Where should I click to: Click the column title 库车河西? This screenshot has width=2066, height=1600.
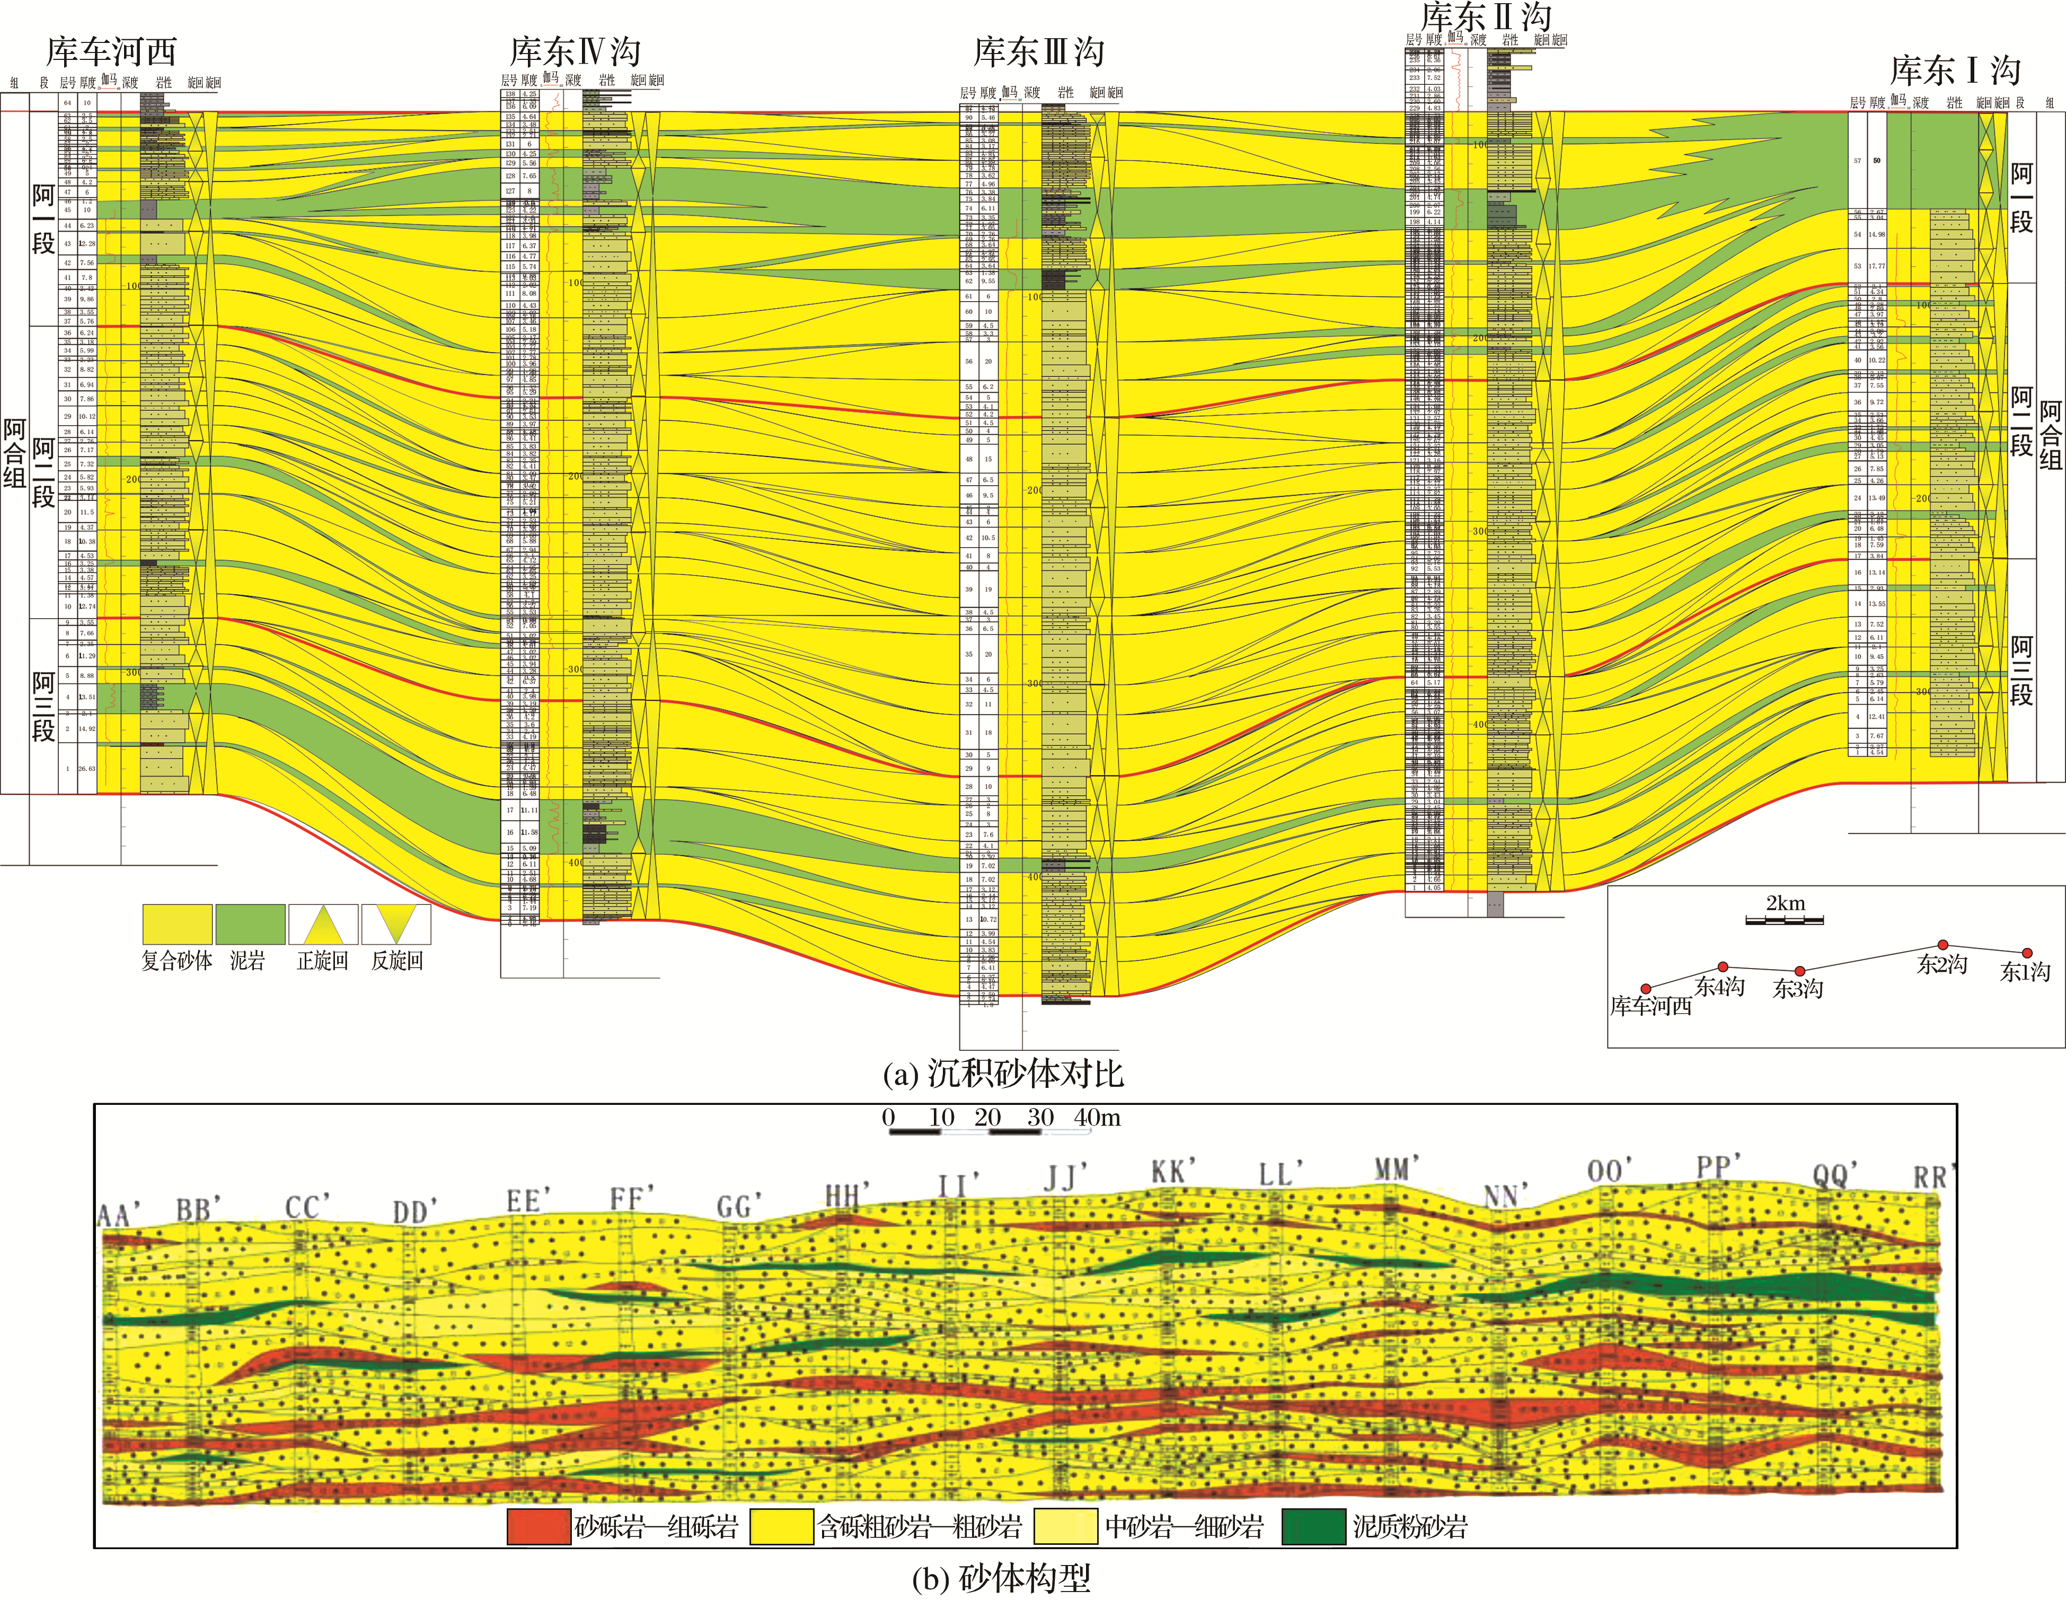click(x=112, y=51)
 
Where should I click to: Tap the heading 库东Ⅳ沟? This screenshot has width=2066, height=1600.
click(x=575, y=51)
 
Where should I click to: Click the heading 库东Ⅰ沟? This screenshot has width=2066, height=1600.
click(x=1954, y=70)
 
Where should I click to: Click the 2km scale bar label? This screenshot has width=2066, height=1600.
click(x=1785, y=903)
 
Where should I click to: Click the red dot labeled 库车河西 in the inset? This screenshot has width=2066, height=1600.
click(x=1646, y=989)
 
